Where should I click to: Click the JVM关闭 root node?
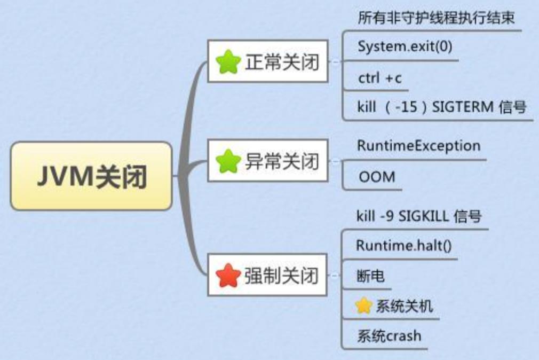pos(91,176)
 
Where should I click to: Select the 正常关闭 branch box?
pos(267,62)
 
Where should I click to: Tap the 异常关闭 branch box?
pos(267,160)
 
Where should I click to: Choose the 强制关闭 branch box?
pos(267,275)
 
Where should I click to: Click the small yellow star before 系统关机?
pos(363,306)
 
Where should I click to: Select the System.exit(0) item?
pos(405,46)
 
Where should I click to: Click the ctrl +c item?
pos(380,79)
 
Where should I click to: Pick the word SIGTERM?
pos(463,107)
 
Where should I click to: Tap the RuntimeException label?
pos(418,145)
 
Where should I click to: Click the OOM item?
pos(377,176)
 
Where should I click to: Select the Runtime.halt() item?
pos(403,246)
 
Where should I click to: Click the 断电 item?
pos(370,276)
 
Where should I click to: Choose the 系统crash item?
pos(389,336)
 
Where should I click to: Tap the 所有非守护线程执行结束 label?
pos(436,18)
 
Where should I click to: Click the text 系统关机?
pos(404,306)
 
